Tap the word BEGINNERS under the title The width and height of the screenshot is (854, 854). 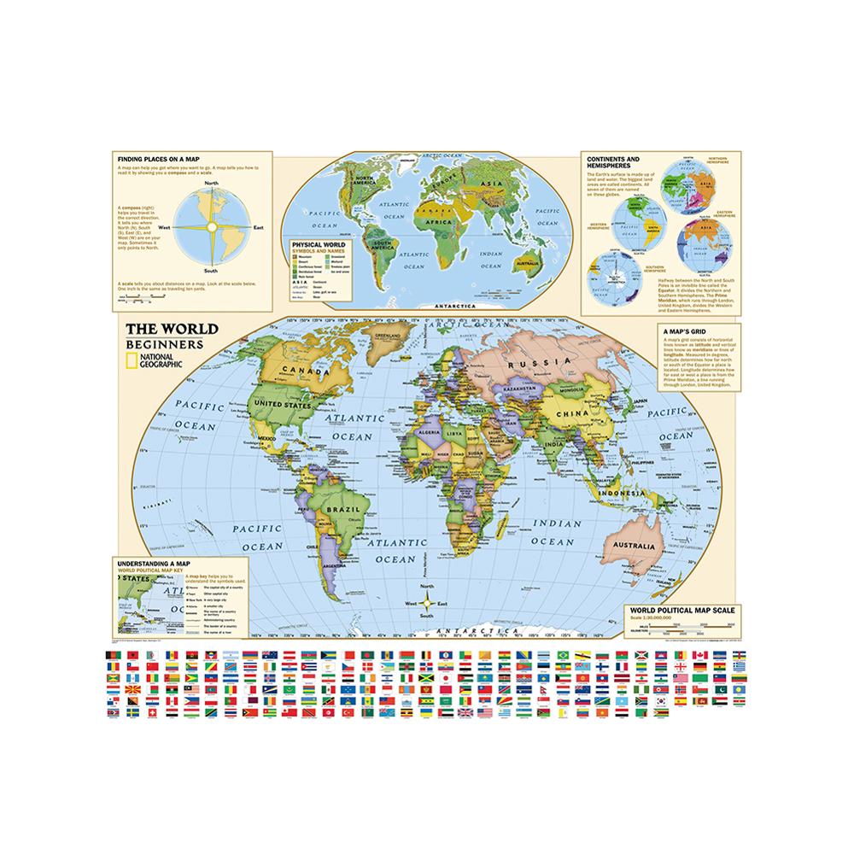click(164, 344)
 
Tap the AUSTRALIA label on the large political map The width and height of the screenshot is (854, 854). click(630, 546)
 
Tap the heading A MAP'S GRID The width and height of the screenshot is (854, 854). click(683, 328)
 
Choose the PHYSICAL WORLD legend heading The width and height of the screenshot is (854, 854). click(316, 244)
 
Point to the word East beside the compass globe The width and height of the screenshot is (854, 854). click(259, 227)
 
